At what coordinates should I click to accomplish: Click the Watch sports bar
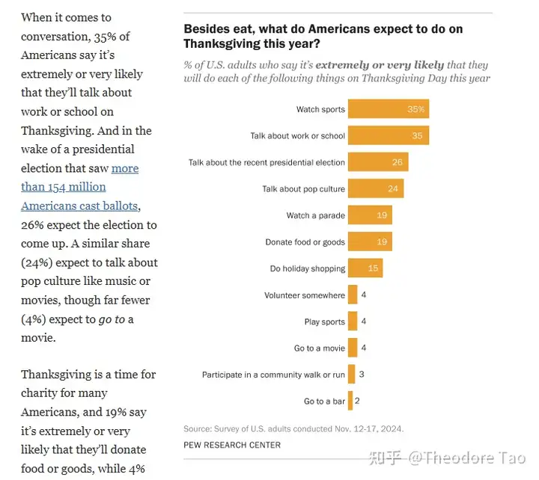tap(388, 109)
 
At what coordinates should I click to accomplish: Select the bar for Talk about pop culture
tap(376, 189)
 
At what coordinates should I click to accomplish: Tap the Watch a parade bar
tap(370, 215)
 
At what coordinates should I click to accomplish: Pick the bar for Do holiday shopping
tap(365, 268)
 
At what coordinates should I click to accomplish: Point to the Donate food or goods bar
tap(370, 242)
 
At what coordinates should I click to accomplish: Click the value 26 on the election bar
tap(397, 162)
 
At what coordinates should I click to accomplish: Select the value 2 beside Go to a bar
tap(357, 401)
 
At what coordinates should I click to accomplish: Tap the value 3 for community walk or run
tap(361, 375)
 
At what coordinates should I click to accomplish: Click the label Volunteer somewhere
tap(305, 295)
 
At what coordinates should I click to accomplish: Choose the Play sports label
tap(324, 322)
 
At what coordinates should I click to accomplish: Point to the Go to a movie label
tap(320, 348)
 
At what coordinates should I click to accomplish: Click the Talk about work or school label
tap(297, 136)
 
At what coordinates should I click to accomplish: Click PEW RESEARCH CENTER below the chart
tap(232, 445)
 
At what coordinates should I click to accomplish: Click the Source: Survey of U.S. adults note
tap(293, 429)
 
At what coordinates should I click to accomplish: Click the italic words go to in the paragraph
tap(110, 319)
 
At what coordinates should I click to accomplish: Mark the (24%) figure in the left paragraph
tap(38, 262)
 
